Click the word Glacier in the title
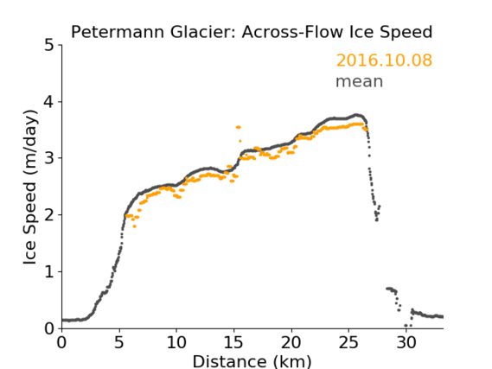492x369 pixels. tap(205, 32)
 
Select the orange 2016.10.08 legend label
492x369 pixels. tap(384, 60)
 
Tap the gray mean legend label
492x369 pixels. tap(360, 81)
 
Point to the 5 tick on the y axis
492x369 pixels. tap(49, 46)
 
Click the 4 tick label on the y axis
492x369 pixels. tap(49, 102)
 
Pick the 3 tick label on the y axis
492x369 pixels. tap(49, 159)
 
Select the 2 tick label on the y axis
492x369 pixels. tap(49, 215)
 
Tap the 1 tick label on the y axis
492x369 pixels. tap(49, 272)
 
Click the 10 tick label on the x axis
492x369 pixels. tap(176, 342)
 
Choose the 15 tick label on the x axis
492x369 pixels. tap(233, 342)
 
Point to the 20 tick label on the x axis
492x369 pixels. tap(291, 342)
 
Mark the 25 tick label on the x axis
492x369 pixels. tap(348, 342)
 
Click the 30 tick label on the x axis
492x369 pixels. tap(406, 342)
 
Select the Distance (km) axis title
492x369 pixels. tap(252, 361)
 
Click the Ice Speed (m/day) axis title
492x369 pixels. tap(30, 188)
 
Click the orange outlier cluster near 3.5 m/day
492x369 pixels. tap(239, 127)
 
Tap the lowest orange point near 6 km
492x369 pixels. tap(135, 226)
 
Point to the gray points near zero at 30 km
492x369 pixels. tap(408, 326)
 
